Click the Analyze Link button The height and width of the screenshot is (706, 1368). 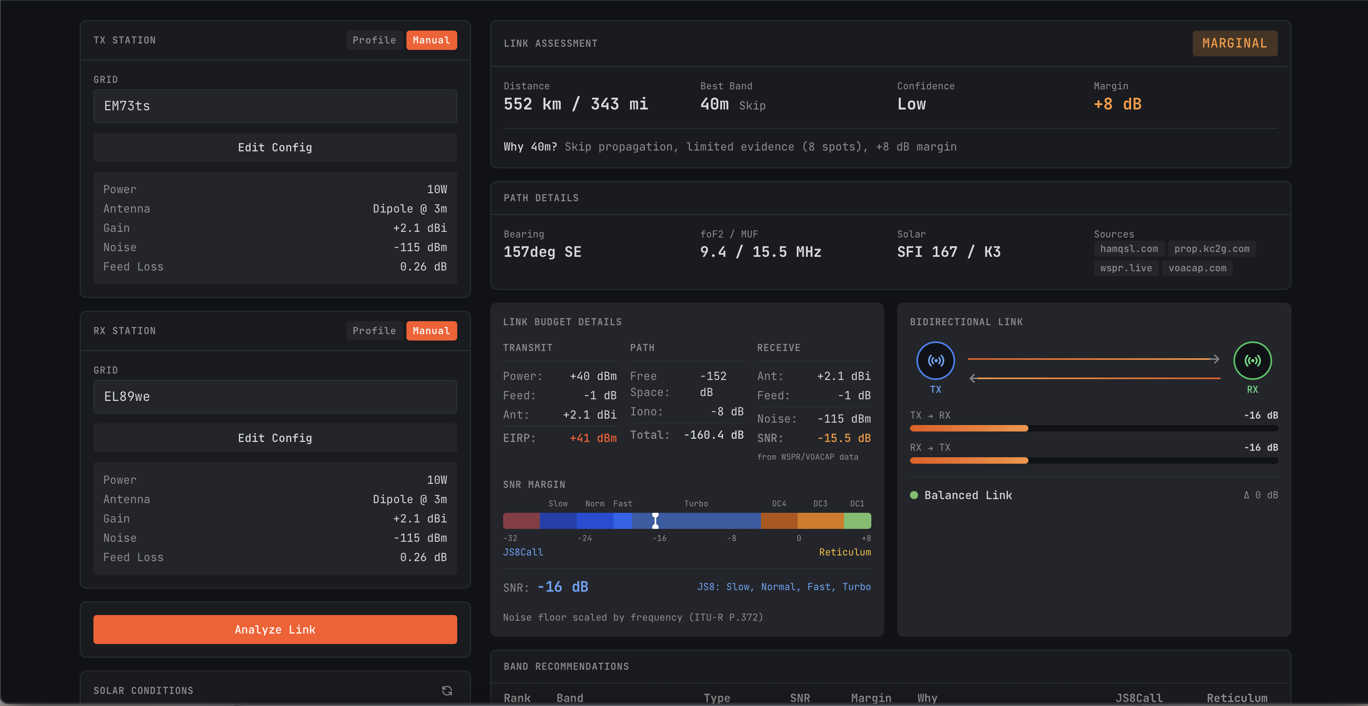(275, 630)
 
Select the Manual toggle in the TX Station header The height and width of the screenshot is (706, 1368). (431, 40)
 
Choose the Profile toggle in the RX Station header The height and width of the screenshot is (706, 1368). (374, 331)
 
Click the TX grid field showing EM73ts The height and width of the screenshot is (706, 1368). (275, 106)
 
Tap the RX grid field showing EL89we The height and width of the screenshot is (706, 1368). (275, 396)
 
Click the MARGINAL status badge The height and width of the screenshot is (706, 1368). (1234, 43)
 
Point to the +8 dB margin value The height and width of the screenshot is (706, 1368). (1117, 104)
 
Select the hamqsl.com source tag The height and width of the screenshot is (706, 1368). (1128, 249)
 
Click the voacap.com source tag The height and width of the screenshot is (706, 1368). (1197, 268)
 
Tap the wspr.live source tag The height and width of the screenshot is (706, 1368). (1125, 268)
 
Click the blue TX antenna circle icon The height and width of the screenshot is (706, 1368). (935, 361)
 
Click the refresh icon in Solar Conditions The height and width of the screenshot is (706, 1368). (447, 691)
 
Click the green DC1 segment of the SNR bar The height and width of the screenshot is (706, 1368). (857, 521)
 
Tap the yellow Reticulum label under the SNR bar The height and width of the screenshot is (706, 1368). (844, 552)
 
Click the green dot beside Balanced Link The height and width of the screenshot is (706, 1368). (914, 495)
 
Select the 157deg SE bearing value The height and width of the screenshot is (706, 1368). (542, 252)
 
